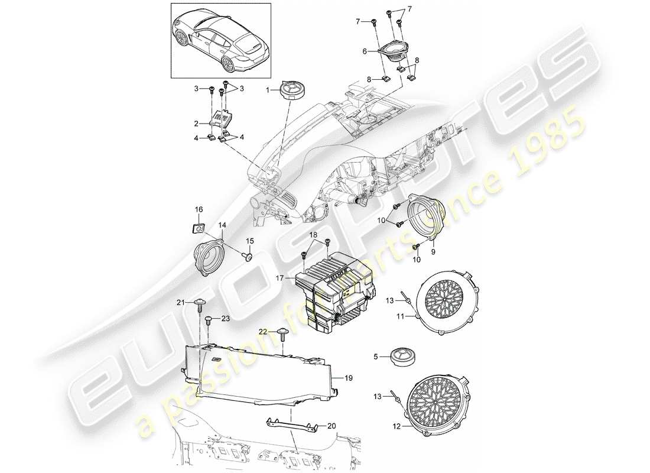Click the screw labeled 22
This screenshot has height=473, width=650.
282,335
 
